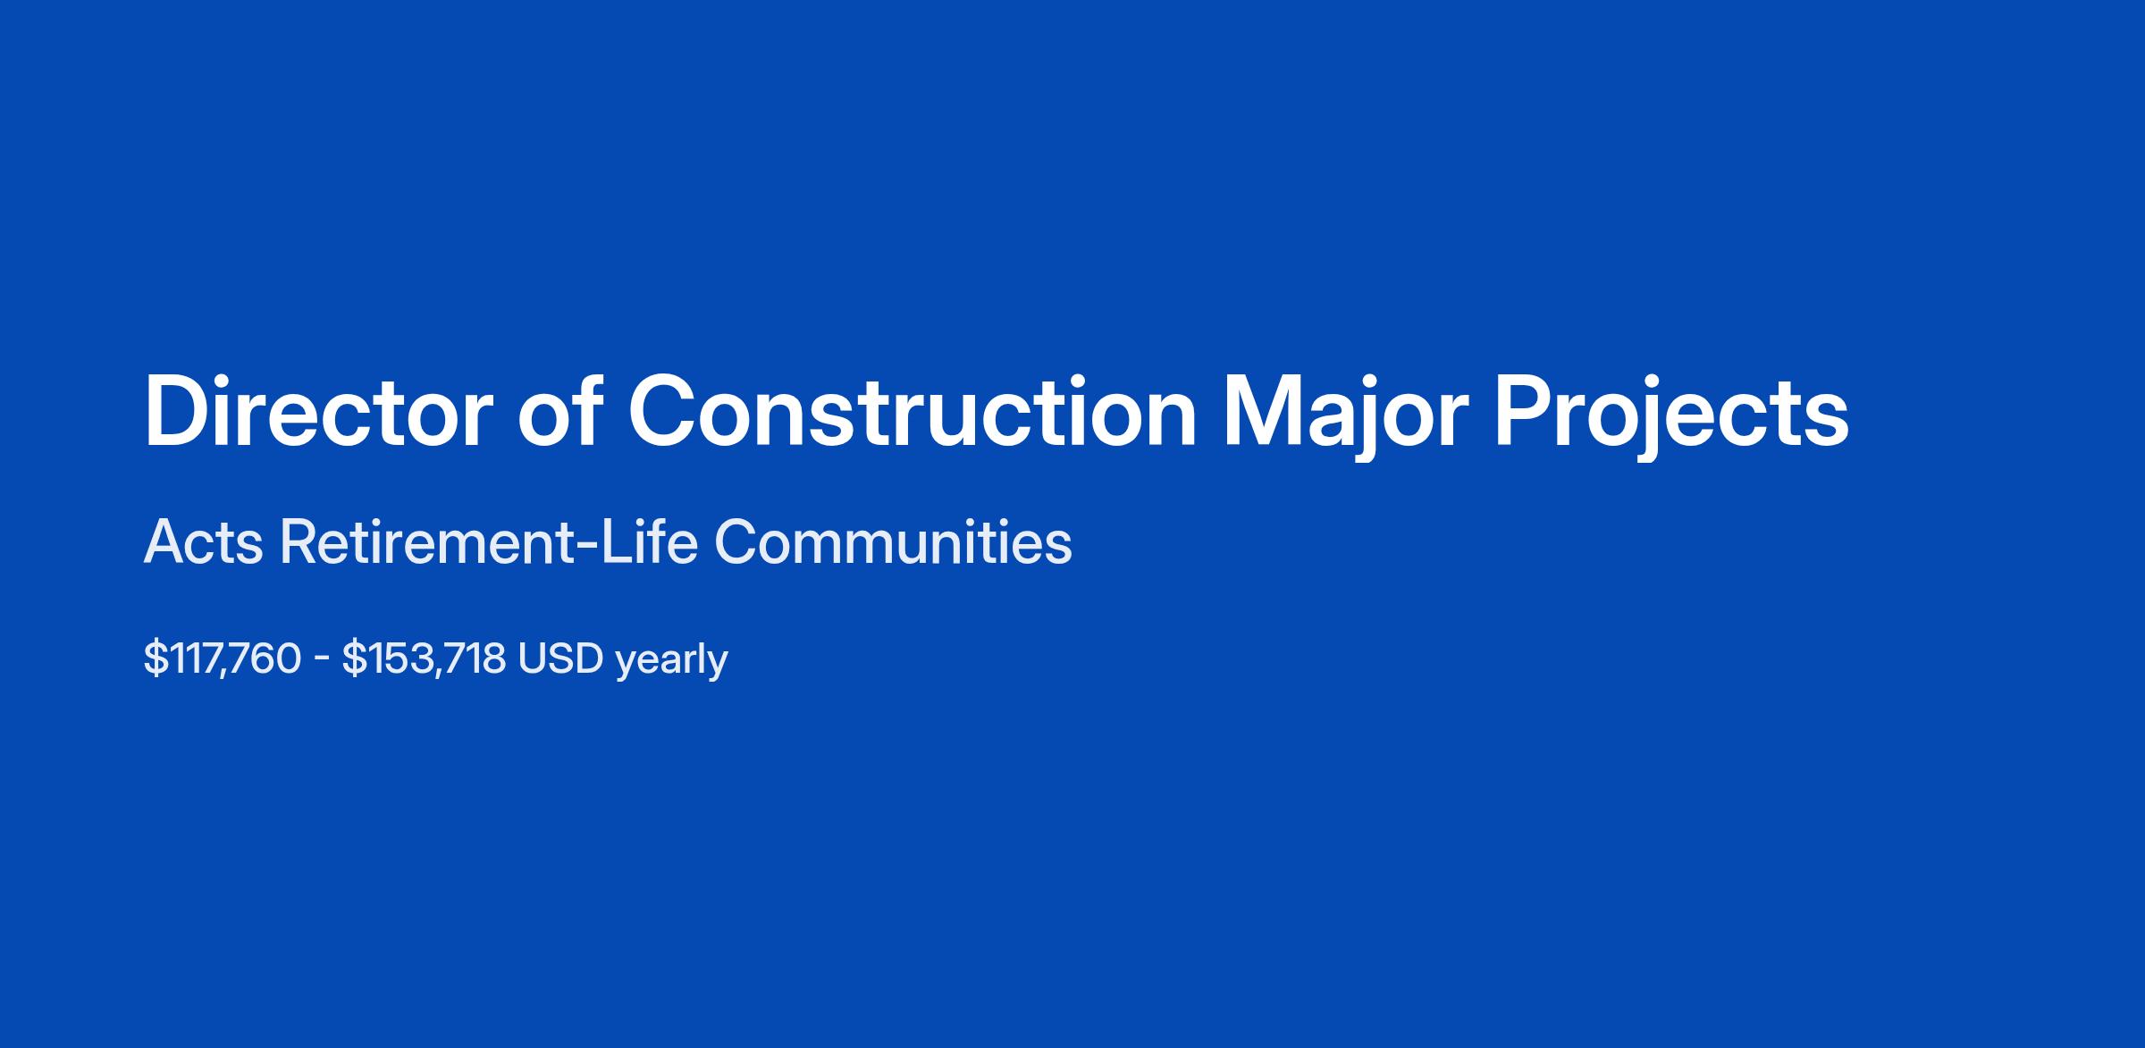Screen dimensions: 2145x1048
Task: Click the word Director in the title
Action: (x=317, y=412)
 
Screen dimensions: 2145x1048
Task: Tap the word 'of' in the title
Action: (x=558, y=410)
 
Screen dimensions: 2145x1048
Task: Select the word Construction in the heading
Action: (x=912, y=411)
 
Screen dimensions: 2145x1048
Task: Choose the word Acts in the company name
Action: (x=204, y=541)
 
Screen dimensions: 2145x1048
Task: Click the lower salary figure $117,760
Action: (x=223, y=659)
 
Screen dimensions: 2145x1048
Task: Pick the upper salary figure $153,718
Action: (x=424, y=659)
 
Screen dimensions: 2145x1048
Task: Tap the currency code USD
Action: (x=560, y=659)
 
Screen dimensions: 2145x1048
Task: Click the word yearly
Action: (x=671, y=662)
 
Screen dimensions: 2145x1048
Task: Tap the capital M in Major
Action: (x=1262, y=412)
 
